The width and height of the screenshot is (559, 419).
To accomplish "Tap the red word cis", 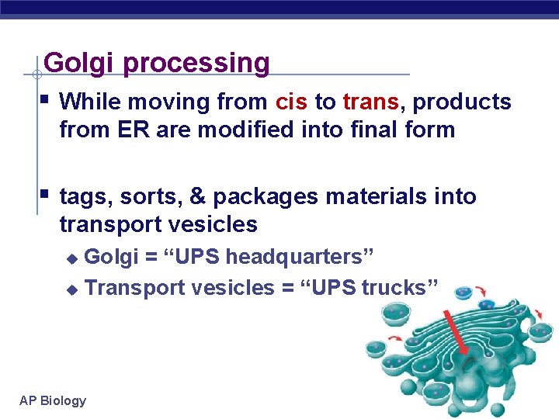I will click(x=291, y=102).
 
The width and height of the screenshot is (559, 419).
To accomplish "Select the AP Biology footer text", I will click(x=53, y=400).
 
